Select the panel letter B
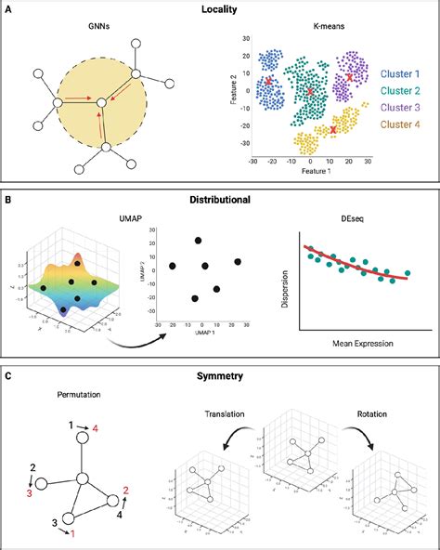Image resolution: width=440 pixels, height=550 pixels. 8,198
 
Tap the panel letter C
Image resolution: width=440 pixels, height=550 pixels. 8,375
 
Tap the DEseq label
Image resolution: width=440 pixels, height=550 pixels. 355,216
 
